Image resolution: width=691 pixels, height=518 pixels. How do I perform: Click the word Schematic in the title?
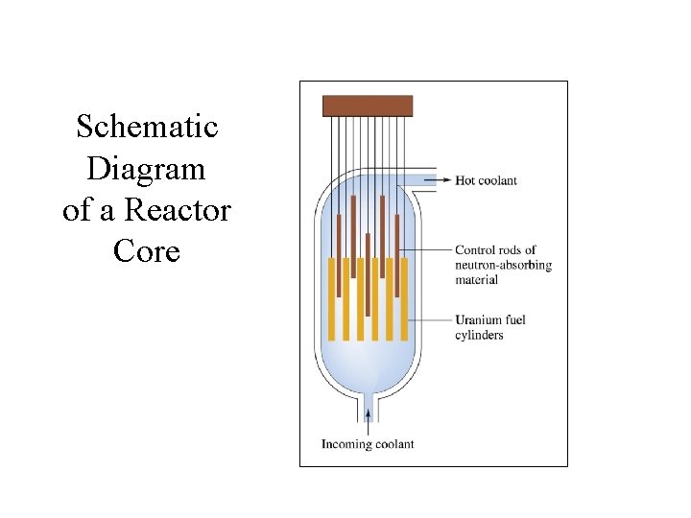147,127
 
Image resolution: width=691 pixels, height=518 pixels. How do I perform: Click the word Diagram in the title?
146,169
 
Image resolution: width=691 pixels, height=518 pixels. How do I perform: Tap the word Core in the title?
146,251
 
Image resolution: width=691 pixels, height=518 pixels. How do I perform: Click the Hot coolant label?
486,180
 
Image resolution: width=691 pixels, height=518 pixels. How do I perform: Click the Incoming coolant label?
368,444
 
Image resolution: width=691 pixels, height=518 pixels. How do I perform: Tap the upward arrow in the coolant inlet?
368,414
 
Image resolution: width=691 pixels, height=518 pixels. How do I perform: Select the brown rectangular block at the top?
368,106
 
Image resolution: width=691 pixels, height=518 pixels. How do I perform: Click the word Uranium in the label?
477,319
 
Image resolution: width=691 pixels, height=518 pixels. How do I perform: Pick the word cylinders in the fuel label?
479,335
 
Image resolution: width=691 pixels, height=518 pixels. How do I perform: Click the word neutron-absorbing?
503,265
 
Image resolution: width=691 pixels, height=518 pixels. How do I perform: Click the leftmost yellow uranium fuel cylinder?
332,299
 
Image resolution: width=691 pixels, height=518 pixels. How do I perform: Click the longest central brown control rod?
368,273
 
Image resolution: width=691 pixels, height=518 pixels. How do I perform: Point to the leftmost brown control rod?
339,254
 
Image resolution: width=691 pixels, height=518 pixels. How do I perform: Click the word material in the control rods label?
476,280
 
